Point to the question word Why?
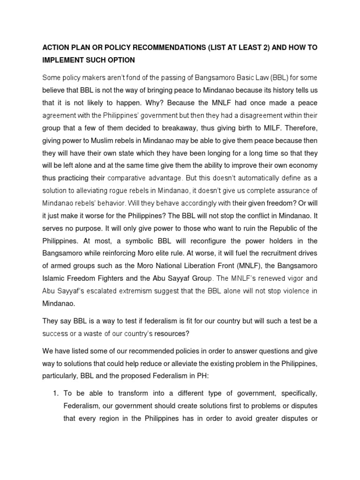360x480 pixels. [144, 101]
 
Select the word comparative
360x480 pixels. [131, 178]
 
